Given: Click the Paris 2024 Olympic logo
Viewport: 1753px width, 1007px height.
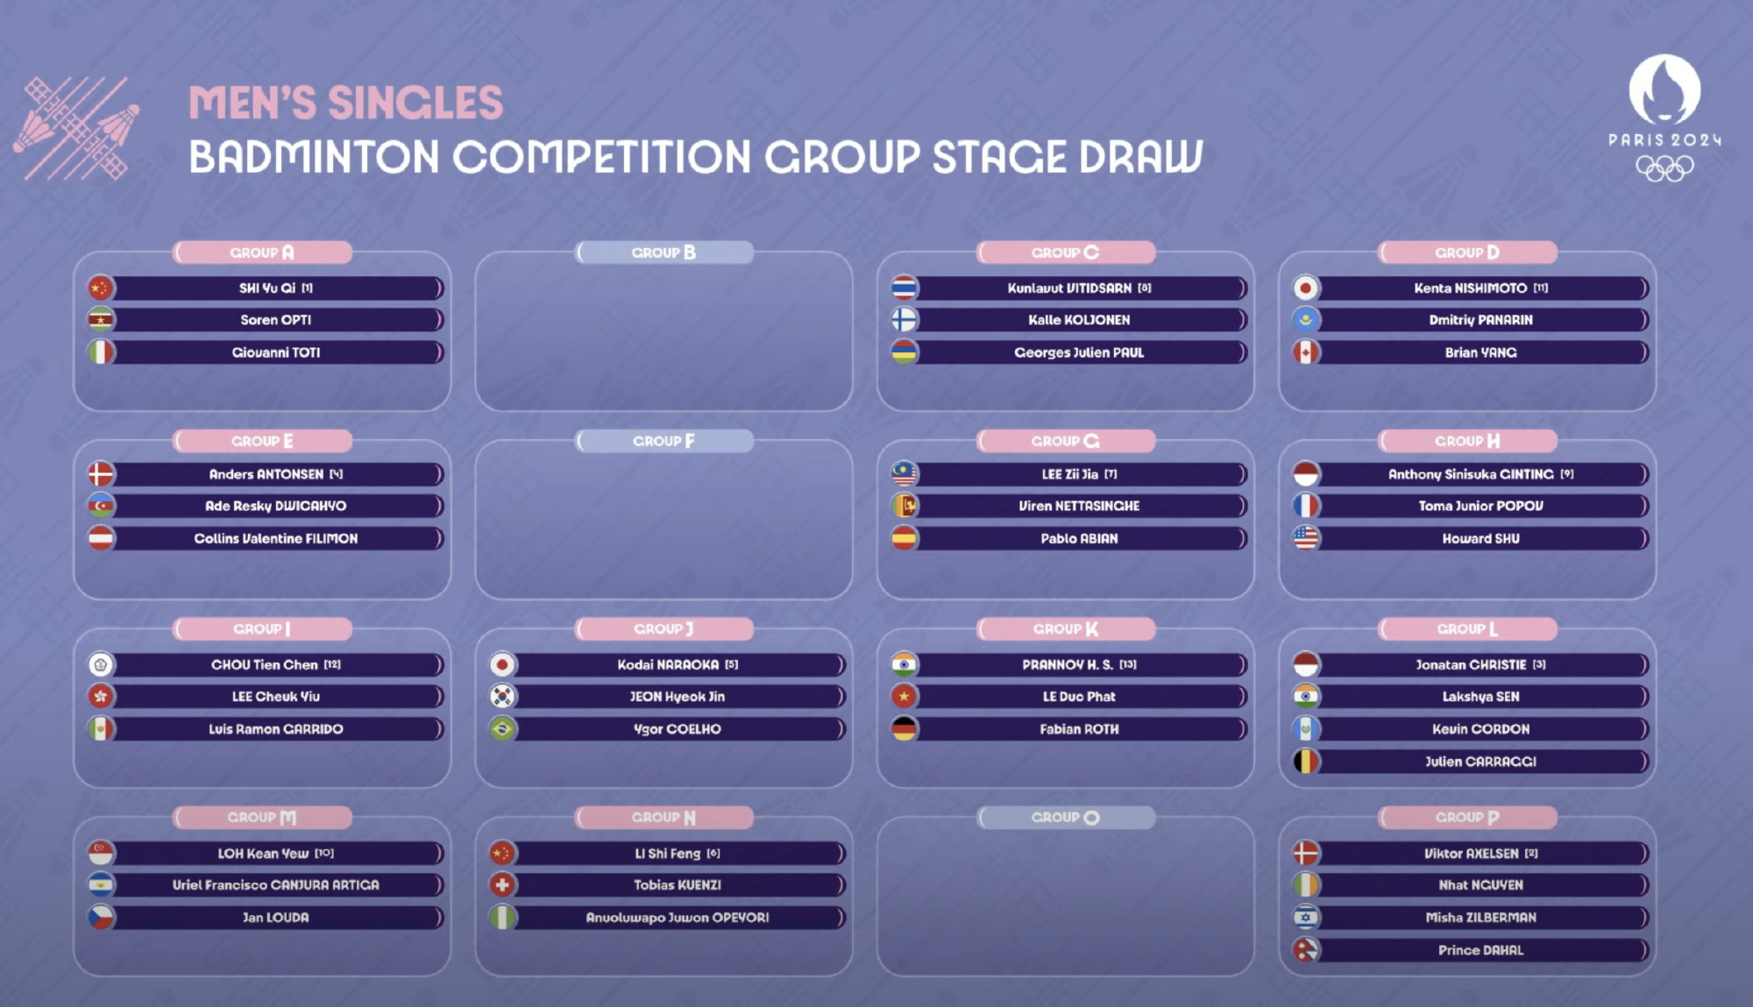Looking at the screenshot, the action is (x=1664, y=118).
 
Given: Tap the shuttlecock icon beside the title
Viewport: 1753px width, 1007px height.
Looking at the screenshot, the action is (x=76, y=128).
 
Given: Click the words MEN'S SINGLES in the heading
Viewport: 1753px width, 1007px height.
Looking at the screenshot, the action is (x=346, y=103).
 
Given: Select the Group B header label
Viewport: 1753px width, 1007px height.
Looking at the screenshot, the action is (x=664, y=252).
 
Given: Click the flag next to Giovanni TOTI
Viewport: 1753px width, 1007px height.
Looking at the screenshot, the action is (x=101, y=352).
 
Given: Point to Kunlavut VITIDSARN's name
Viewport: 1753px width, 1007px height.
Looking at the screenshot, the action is (x=1069, y=287).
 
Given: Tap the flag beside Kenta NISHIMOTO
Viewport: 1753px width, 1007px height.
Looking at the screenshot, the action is (x=1306, y=287).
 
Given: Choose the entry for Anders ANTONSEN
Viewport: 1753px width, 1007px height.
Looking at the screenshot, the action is (x=266, y=474).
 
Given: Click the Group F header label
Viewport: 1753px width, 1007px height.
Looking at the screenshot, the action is (x=664, y=441).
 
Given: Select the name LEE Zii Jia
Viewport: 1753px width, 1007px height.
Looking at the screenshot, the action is (x=1069, y=474).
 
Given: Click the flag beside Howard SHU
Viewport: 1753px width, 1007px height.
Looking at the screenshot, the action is (x=1306, y=538).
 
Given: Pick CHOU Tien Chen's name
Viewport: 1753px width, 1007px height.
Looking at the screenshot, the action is (x=265, y=664).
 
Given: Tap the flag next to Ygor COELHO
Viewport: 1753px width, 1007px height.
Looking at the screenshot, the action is (x=502, y=729).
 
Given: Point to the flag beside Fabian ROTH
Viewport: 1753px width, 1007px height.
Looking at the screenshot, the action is (x=905, y=729).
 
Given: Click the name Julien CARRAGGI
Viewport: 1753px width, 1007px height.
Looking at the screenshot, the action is (x=1480, y=762).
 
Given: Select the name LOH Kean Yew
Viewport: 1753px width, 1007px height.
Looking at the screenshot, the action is (x=263, y=853).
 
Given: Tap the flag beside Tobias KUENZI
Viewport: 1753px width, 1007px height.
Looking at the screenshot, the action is (x=502, y=885).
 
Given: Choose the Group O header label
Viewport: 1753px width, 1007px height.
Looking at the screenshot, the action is (x=1066, y=818).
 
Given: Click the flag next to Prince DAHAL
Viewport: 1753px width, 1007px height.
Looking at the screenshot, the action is (x=1306, y=950).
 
